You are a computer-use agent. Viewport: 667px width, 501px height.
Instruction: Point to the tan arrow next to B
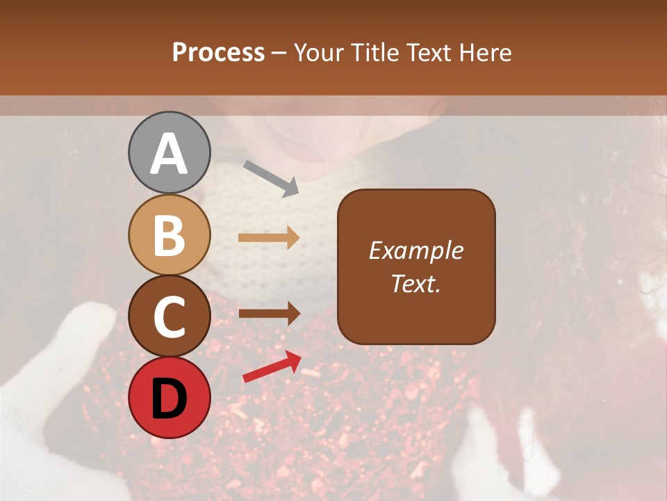click(x=269, y=238)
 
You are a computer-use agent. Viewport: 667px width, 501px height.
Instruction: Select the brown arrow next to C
click(x=269, y=314)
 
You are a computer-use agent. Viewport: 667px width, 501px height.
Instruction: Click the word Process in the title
click(x=218, y=53)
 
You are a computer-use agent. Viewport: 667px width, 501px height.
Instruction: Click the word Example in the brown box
click(x=416, y=250)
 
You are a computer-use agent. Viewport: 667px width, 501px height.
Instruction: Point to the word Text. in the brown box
click(x=416, y=284)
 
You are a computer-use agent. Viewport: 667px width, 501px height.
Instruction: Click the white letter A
click(x=169, y=154)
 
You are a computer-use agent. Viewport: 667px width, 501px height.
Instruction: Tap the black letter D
click(x=169, y=398)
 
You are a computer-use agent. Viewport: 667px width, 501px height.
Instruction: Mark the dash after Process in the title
click(x=279, y=53)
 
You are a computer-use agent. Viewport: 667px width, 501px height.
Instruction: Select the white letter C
click(x=169, y=317)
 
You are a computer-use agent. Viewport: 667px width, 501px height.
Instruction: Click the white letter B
click(x=169, y=235)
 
